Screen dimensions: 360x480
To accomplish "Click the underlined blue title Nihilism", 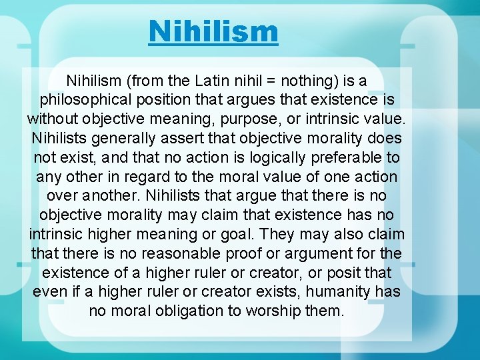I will [x=213, y=31].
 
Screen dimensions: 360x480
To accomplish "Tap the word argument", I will [x=317, y=254].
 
